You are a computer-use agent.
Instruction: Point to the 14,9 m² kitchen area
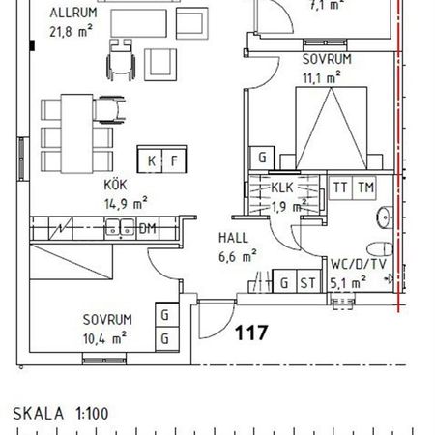pos(126,202)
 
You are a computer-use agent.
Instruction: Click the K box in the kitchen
pos(152,160)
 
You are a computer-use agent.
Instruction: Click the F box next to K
pos(174,160)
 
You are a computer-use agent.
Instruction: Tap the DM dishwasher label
pos(147,229)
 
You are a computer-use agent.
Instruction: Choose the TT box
pos(340,188)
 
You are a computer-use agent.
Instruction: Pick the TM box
pos(364,188)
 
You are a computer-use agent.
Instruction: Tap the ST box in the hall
pos(308,282)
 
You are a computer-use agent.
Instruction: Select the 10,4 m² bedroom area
pos(106,337)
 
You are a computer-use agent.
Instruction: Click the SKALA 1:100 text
pos(60,413)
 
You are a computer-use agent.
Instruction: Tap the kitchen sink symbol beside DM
pos(121,229)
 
